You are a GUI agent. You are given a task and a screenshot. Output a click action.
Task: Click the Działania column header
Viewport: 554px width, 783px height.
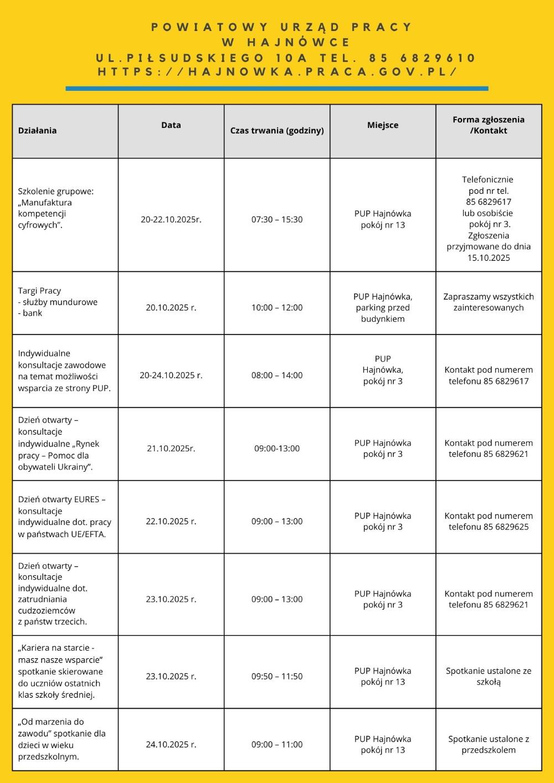tap(37, 131)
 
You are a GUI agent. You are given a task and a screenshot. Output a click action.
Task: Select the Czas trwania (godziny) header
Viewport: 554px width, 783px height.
tap(277, 131)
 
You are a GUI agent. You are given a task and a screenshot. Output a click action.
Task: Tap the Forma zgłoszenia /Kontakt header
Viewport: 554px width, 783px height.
tap(489, 125)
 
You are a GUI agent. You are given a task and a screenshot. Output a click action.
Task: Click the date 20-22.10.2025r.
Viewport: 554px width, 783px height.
tap(171, 219)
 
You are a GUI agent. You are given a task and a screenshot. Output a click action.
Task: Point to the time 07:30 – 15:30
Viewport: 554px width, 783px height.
tap(277, 219)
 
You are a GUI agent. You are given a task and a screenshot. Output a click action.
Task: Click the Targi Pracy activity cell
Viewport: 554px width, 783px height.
tap(58, 302)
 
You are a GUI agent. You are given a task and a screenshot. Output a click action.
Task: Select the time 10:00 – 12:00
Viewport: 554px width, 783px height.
tap(277, 307)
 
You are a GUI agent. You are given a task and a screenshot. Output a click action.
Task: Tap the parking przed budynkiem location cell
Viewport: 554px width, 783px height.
tap(383, 308)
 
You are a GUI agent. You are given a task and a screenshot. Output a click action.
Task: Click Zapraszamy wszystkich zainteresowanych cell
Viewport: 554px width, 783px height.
tap(489, 302)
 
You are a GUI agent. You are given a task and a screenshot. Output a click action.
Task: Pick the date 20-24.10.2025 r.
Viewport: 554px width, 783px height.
tap(171, 375)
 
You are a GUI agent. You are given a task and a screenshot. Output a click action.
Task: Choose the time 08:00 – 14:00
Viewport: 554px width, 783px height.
tap(277, 375)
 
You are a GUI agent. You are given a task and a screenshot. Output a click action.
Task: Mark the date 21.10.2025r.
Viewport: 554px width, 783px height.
tap(171, 449)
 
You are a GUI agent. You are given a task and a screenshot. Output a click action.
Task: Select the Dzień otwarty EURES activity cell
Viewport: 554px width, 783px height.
tap(64, 517)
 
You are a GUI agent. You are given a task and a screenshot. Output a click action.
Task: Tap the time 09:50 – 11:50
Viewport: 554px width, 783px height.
tap(277, 676)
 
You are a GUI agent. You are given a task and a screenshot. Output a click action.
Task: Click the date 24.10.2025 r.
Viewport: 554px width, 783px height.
tap(171, 744)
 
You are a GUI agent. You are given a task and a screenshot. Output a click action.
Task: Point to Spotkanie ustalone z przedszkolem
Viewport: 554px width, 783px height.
tap(489, 744)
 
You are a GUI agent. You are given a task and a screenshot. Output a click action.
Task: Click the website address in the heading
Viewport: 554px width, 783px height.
tap(277, 73)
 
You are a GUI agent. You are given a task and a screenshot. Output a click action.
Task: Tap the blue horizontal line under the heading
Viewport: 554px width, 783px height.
tap(277, 88)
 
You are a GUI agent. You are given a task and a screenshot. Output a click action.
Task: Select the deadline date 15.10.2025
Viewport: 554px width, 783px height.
tap(489, 257)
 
